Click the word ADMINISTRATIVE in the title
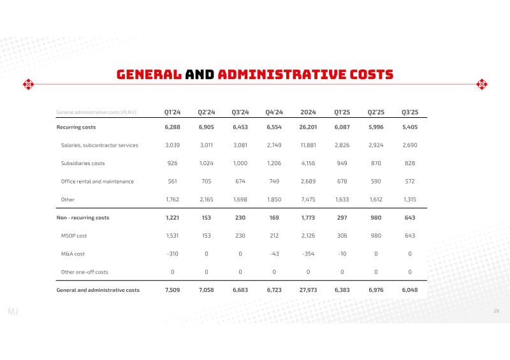282,75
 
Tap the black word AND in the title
200,75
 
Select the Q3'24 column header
240,112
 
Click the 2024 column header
308,112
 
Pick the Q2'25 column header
376,112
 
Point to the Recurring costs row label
76,127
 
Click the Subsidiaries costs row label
83,163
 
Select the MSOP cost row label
74,236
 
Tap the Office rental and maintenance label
98,182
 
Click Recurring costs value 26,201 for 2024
308,127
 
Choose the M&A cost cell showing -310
172,254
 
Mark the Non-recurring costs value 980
376,217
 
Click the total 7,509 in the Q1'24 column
172,290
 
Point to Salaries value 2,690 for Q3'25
410,145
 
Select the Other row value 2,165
206,199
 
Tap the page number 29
496,311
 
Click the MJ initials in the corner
13,312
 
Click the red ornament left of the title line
28,85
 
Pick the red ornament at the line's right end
482,85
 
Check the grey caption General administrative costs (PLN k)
96,112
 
